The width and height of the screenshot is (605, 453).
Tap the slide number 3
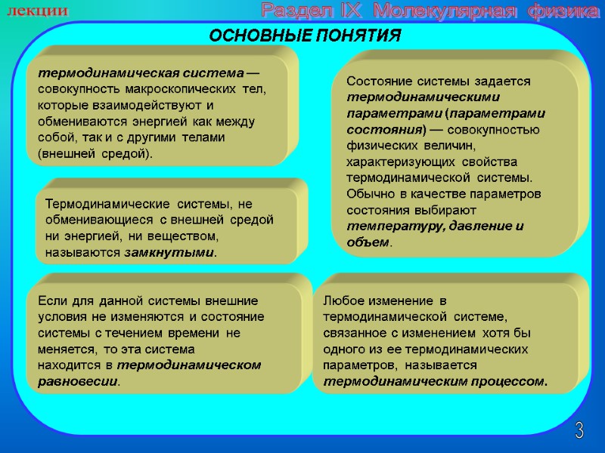pos(579,431)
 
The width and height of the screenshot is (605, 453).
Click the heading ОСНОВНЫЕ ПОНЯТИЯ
pos(305,36)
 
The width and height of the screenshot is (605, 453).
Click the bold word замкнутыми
pos(169,252)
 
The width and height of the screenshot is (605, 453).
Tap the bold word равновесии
pos(78,380)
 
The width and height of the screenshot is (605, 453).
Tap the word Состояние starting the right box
pos(375,81)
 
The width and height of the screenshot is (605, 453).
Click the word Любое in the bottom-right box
pos(341,300)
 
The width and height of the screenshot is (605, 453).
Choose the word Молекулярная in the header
pos(446,11)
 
